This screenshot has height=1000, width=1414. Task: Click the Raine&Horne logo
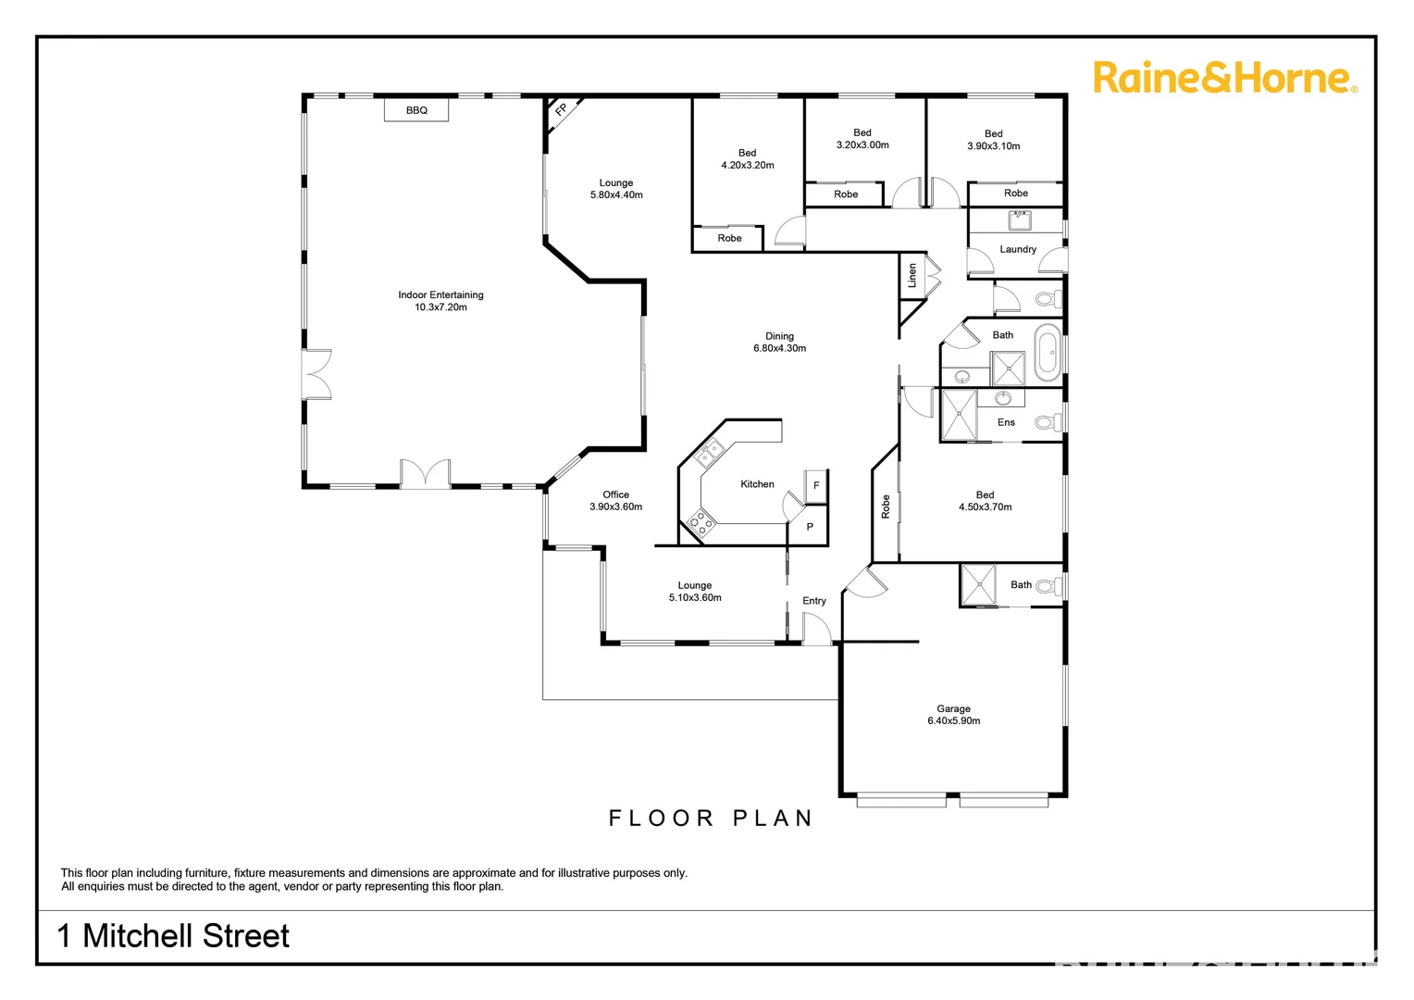point(1224,78)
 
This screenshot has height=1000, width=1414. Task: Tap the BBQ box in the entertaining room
point(416,110)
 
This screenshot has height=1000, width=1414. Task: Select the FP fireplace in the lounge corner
point(561,110)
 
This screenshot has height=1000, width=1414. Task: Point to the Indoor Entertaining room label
point(440,301)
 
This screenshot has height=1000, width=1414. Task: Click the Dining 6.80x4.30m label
point(779,343)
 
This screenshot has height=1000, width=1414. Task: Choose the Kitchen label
point(757,484)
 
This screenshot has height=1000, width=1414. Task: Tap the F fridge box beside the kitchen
point(816,486)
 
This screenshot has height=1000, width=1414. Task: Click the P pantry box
point(810,527)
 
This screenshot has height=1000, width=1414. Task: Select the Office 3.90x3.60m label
point(615,501)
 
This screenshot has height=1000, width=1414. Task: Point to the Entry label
point(814,601)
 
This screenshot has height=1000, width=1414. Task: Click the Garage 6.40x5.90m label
point(953,715)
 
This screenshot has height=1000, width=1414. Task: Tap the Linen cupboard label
point(912,275)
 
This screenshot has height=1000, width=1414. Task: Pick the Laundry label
point(1018,249)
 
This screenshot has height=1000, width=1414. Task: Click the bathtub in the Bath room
point(1047,353)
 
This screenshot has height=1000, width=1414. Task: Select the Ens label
point(1006,422)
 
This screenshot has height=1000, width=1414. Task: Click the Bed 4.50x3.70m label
point(985,501)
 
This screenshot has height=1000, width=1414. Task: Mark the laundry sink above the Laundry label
point(1021,220)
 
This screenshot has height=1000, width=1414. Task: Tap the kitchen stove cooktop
point(701,523)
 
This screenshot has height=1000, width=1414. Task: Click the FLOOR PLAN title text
point(711,819)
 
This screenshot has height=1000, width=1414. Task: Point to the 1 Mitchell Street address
point(173,936)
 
